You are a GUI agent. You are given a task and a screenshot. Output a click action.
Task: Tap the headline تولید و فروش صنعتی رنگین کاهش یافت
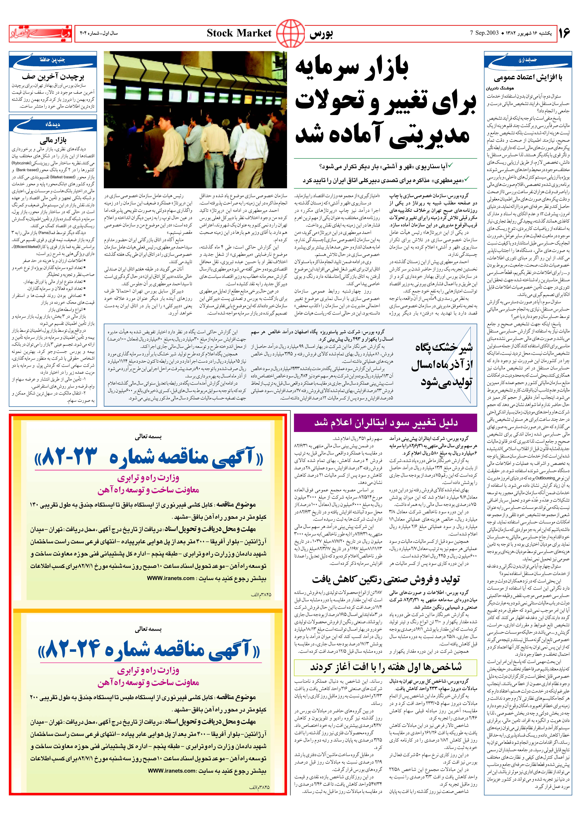click(x=386, y=579)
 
